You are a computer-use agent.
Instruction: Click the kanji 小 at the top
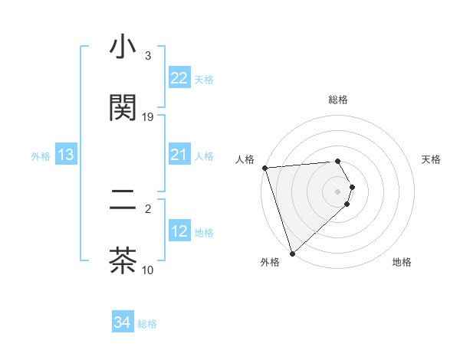click(123, 48)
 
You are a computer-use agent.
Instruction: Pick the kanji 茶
click(123, 260)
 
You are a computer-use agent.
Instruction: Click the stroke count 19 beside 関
click(148, 116)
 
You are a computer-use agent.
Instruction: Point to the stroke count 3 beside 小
click(148, 56)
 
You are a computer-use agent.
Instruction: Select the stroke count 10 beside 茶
click(148, 270)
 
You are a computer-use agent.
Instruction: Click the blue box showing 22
click(179, 78)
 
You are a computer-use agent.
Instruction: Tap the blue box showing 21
click(179, 155)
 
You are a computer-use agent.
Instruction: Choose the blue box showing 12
click(179, 231)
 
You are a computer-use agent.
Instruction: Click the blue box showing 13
click(66, 155)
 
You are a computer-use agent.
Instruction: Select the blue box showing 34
click(122, 322)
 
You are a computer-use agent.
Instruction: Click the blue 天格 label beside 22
click(204, 80)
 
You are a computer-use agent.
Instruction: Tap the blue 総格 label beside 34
click(147, 324)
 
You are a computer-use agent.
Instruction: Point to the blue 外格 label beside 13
click(41, 156)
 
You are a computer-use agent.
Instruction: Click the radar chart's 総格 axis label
click(338, 100)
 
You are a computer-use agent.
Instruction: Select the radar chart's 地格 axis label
click(402, 262)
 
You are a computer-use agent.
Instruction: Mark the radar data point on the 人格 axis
click(264, 168)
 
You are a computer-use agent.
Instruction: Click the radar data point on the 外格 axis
click(292, 253)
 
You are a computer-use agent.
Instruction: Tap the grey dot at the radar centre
click(338, 191)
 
